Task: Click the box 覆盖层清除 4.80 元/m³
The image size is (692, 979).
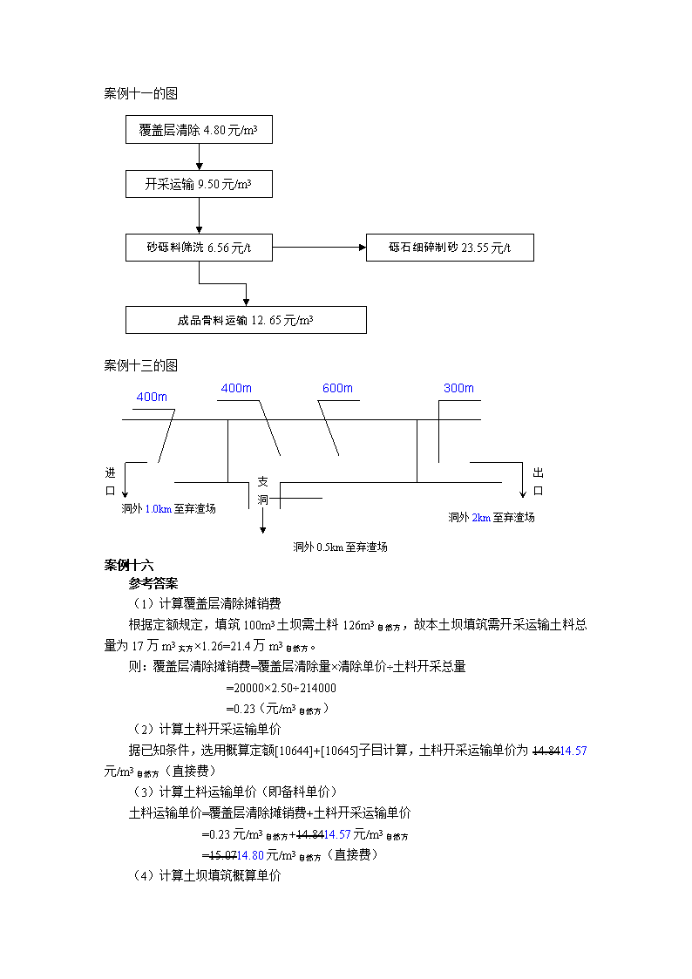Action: pos(199,130)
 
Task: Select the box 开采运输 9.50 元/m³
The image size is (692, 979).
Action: pos(199,184)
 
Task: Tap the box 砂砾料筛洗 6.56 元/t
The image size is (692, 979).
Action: pos(199,248)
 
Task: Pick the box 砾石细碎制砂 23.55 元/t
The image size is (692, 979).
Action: pos(450,248)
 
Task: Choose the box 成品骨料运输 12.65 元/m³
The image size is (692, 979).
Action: pos(246,320)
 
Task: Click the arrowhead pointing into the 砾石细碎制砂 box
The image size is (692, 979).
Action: pos(363,248)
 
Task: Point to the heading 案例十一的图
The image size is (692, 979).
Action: pos(141,93)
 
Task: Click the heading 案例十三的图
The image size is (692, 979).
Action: pos(141,365)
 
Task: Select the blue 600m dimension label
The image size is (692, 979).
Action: pos(337,388)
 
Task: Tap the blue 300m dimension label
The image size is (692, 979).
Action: pos(458,388)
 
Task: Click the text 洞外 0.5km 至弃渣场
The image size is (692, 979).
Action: pos(340,547)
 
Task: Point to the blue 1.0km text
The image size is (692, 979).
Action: pos(159,509)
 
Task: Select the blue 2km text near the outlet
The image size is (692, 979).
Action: pos(481,518)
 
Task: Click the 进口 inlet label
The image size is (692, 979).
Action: pos(111,481)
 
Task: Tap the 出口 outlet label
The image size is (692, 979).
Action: pos(538,481)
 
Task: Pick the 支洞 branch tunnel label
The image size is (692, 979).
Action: pos(262,491)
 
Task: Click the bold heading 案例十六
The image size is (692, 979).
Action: pos(128,565)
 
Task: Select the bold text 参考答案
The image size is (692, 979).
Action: pos(153,584)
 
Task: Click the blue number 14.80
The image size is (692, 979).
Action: pos(250,855)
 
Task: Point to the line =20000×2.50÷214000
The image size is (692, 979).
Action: pos(282,688)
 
